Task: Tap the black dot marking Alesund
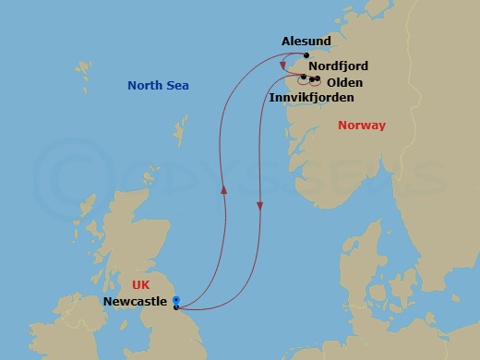click(306, 55)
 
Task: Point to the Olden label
click(343, 82)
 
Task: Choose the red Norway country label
click(362, 125)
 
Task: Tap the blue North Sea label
click(158, 86)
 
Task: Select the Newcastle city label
click(135, 302)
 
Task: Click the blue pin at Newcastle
click(175, 299)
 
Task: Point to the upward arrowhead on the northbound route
click(223, 187)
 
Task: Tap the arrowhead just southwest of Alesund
click(282, 66)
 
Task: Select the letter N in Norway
click(343, 125)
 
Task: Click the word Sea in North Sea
click(177, 86)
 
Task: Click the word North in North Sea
click(145, 86)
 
